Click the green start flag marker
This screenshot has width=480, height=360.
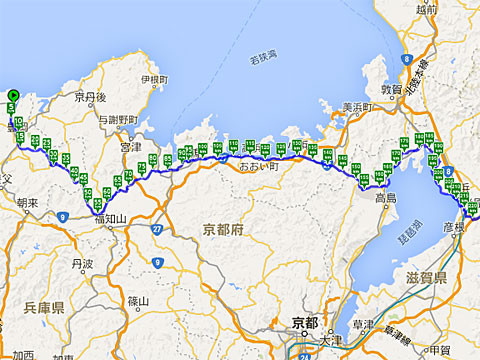pos(11,97)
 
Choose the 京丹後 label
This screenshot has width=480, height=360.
pos(89,97)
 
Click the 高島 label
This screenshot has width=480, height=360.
pos(387,197)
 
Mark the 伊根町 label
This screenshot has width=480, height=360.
pos(153,79)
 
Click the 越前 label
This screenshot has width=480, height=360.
pos(426,9)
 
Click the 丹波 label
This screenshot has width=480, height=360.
pos(83,265)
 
